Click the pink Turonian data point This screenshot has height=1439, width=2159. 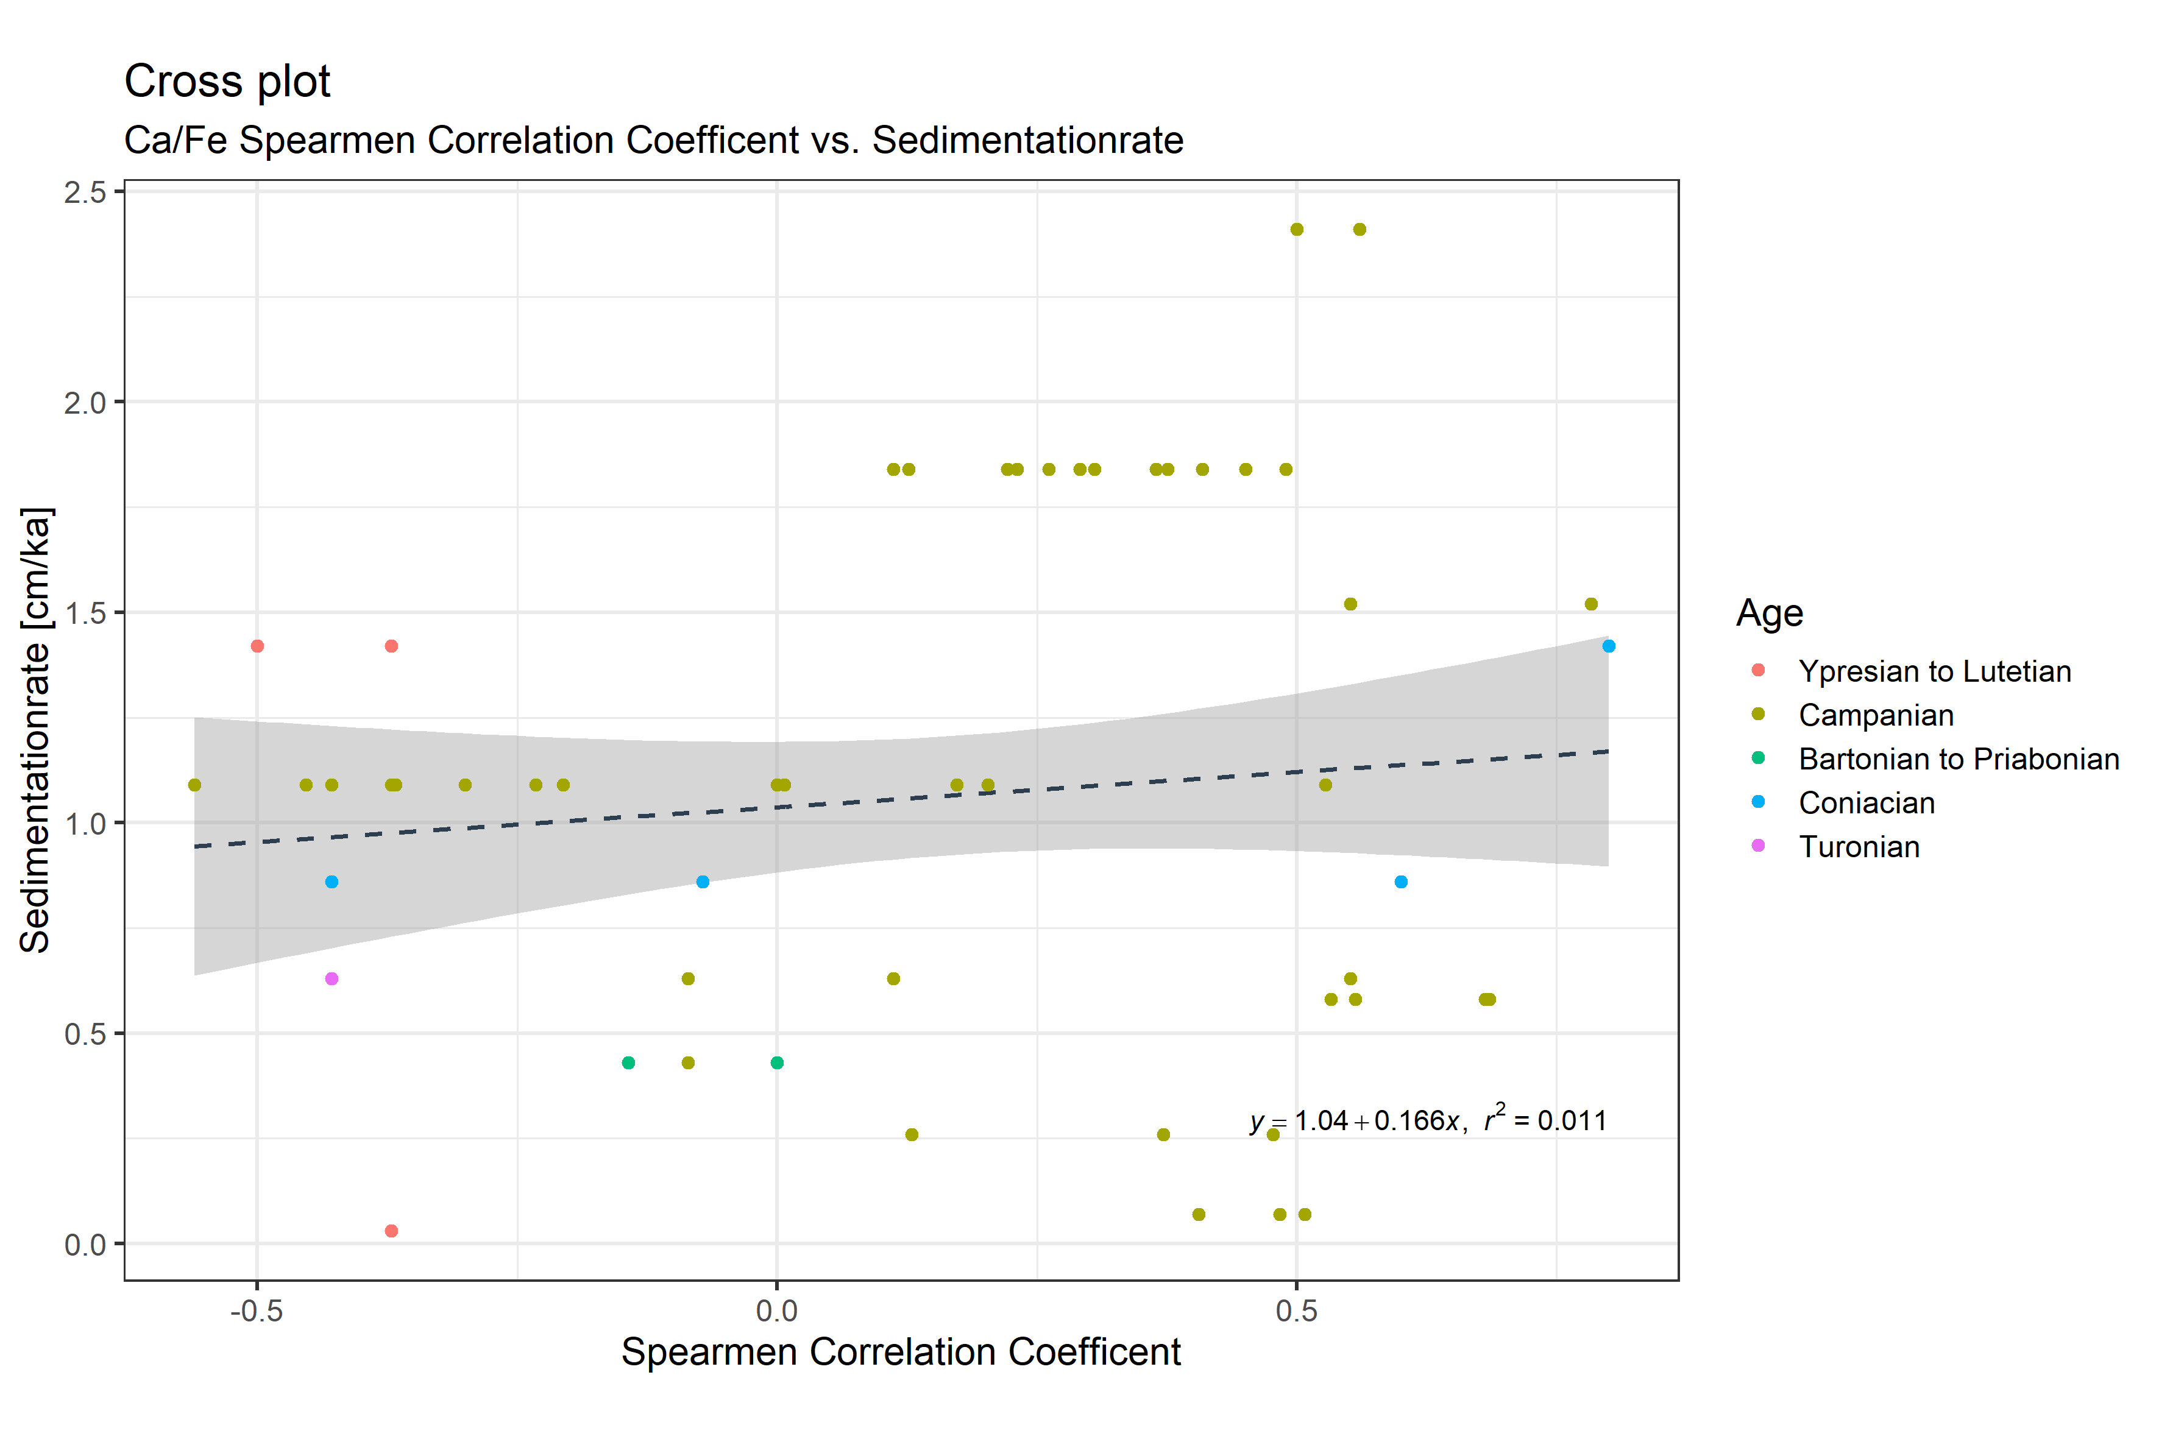coord(331,978)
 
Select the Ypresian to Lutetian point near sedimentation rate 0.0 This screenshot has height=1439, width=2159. coord(391,1231)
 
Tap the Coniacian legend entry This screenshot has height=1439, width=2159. coord(1866,803)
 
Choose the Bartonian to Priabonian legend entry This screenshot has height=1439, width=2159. coord(1958,759)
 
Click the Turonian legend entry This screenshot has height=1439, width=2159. coord(1859,846)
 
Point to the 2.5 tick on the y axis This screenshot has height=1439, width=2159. coord(85,192)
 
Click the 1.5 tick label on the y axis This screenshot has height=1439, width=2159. coord(85,613)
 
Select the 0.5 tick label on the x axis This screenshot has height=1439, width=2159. coord(1296,1310)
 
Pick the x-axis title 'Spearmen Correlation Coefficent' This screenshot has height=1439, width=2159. coord(901,1352)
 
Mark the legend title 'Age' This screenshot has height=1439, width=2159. coord(1769,612)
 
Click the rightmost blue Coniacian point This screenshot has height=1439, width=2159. coord(1608,646)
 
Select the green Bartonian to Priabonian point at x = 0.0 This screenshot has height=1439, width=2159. coord(776,1062)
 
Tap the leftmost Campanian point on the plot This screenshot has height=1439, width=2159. coord(194,785)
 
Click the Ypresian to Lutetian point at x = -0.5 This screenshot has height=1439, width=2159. coord(257,646)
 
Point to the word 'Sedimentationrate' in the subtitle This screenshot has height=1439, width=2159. coord(1027,140)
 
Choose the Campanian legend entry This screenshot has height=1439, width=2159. coord(1876,715)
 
